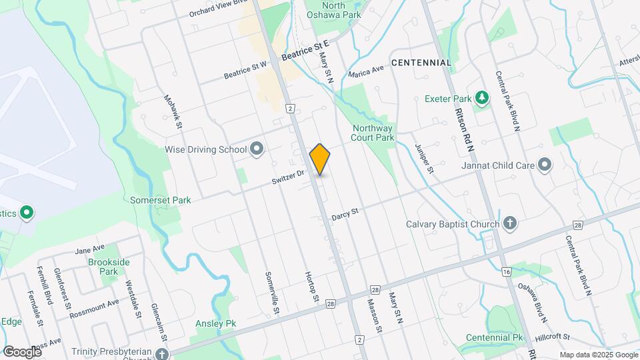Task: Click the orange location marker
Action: click(x=320, y=159)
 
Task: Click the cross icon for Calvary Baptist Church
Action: click(x=510, y=223)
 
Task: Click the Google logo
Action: click(x=21, y=351)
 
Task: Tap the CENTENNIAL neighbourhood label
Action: click(x=421, y=62)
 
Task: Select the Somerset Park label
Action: click(x=160, y=200)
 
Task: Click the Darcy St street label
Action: click(x=345, y=213)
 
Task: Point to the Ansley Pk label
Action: click(x=215, y=323)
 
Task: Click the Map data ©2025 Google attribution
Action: click(x=598, y=355)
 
